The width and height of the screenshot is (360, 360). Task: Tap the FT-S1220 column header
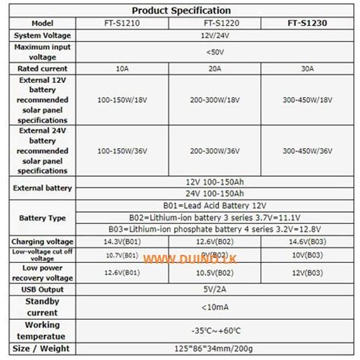coord(215,23)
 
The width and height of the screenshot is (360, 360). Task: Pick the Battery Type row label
coord(43,217)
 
